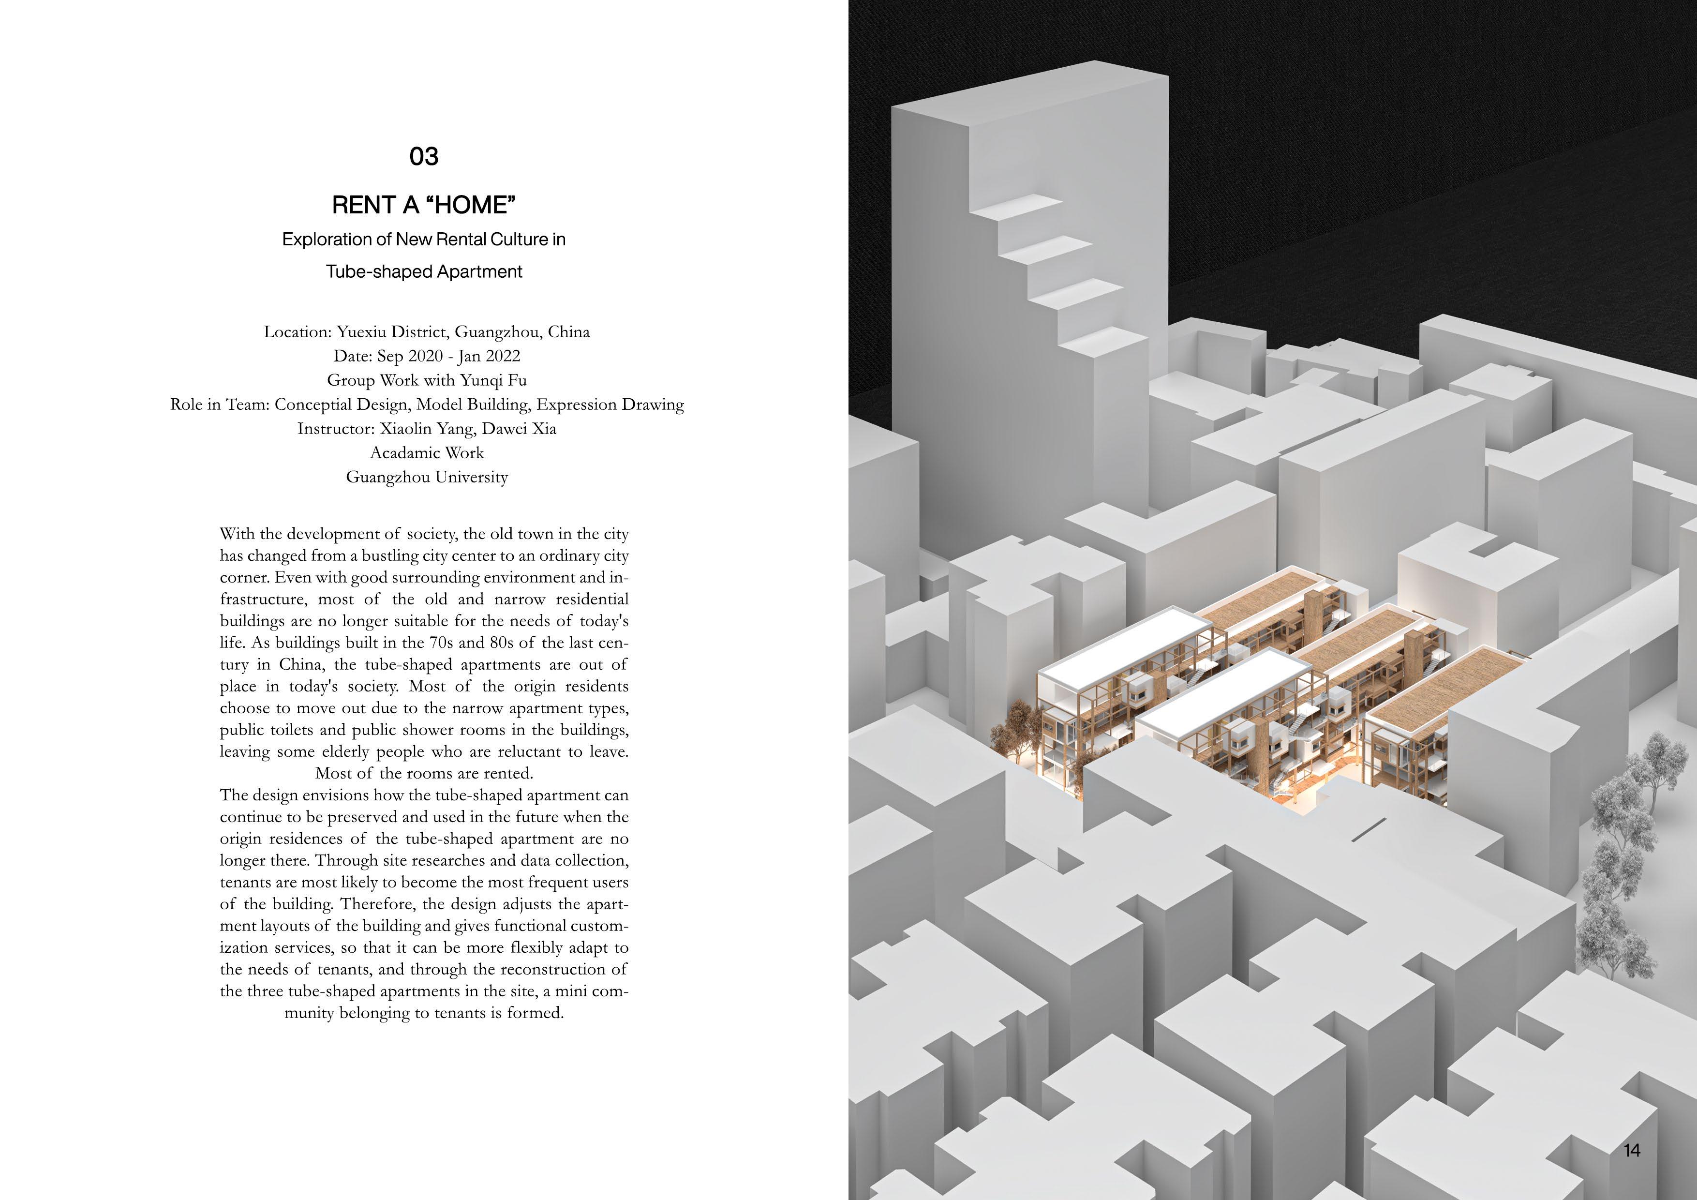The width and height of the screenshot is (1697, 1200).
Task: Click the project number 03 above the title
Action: pyautogui.click(x=423, y=156)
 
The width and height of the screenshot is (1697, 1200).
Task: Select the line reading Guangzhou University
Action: pyautogui.click(x=427, y=478)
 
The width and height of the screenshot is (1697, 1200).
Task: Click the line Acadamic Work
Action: pyautogui.click(x=427, y=453)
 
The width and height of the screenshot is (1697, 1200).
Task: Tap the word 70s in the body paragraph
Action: pyautogui.click(x=441, y=643)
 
